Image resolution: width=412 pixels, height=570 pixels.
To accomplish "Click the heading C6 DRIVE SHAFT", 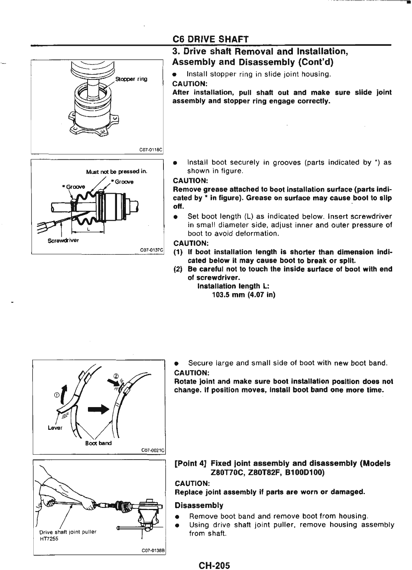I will [210, 39].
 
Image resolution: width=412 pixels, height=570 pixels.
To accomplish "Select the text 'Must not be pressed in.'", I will [117, 172].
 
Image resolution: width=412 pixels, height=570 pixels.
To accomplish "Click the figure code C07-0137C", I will [151, 250].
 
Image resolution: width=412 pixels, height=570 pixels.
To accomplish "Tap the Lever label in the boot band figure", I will [55, 428].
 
